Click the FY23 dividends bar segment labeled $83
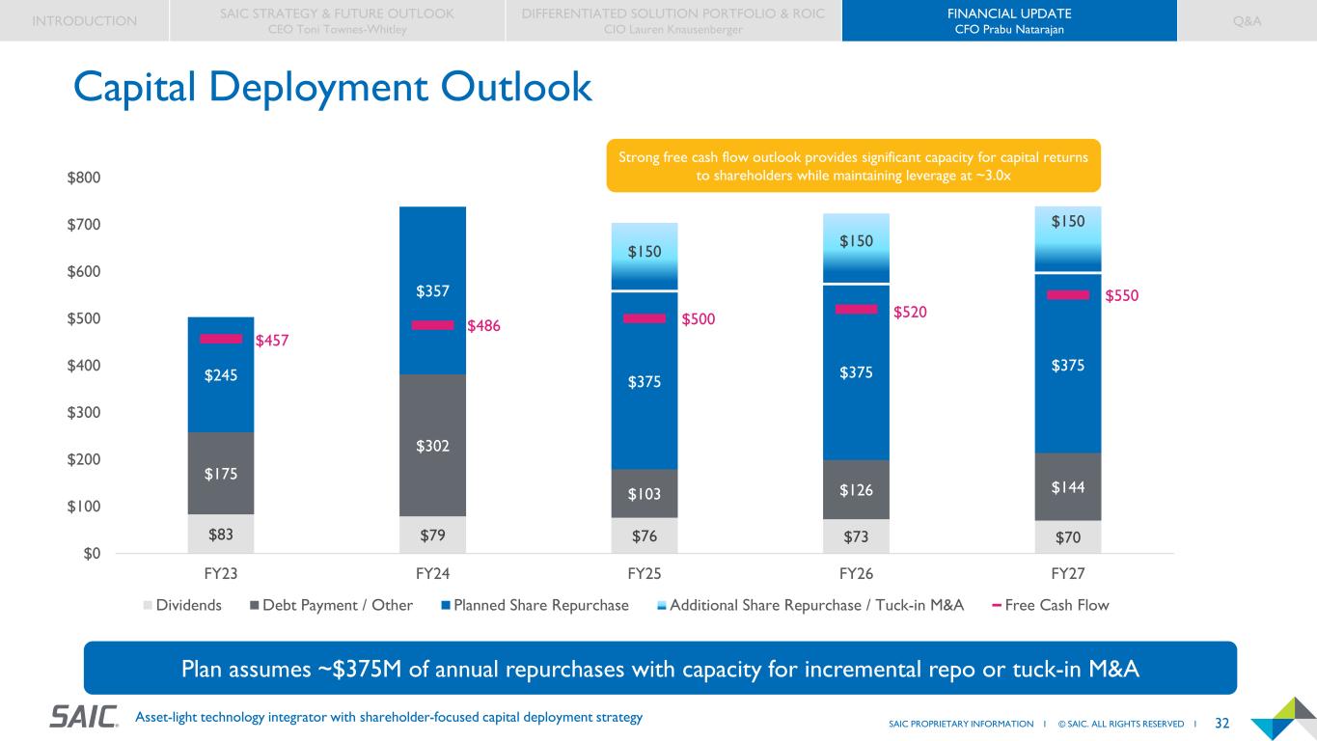[221, 534]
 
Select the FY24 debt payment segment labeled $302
[433, 445]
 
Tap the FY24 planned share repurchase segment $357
[433, 290]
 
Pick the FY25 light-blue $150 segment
[645, 253]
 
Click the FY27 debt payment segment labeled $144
[1067, 487]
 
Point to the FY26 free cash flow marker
[856, 310]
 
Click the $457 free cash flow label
[272, 341]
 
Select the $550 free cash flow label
[1121, 296]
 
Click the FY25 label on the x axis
[645, 573]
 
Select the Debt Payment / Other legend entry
[330, 605]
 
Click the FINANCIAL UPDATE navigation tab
[1008, 20]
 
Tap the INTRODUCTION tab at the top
[84, 20]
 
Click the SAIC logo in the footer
[84, 717]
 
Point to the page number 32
[1221, 723]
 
